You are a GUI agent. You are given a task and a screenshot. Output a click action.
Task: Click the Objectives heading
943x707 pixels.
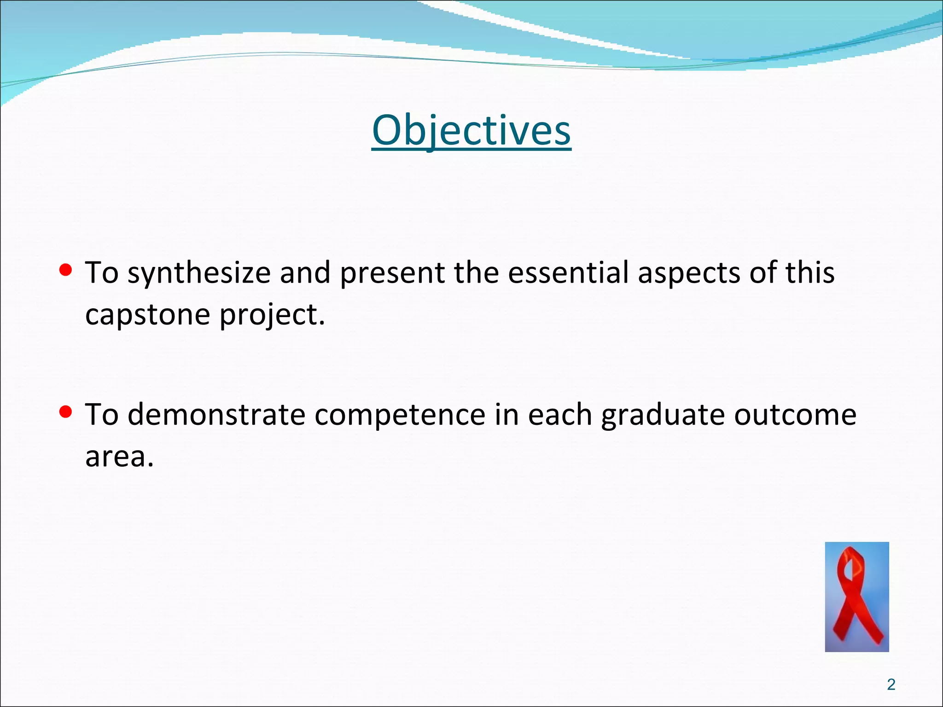point(471,131)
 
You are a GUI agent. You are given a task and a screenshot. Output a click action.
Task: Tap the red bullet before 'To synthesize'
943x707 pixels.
point(66,270)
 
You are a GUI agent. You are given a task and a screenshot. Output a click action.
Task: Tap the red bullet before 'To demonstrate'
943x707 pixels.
point(66,412)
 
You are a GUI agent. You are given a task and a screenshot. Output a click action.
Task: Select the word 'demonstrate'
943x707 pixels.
point(216,415)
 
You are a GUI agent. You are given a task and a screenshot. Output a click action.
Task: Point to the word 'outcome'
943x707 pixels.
point(795,415)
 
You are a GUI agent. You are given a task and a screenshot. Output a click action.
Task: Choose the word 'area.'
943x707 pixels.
point(119,457)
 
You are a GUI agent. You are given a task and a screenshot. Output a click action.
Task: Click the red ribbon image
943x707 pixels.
point(856,597)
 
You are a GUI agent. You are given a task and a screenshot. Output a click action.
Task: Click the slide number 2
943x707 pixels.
point(891,684)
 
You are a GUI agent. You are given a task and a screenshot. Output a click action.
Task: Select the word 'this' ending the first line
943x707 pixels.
point(810,272)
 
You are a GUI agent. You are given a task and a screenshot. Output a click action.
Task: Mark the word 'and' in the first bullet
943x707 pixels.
point(305,272)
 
